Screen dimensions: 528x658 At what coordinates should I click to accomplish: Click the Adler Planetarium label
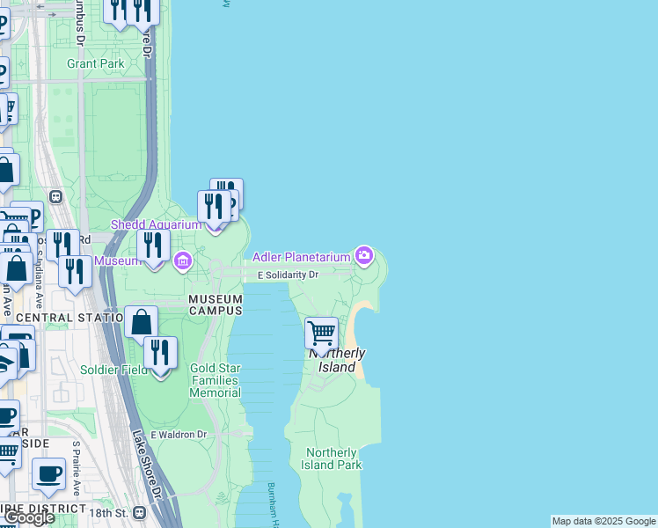click(302, 257)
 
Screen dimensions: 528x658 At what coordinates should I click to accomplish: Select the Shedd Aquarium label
click(156, 224)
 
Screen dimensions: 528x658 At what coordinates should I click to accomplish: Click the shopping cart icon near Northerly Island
click(322, 334)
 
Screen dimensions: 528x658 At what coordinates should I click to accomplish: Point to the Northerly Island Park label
click(333, 458)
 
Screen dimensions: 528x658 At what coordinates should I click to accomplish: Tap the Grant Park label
click(96, 63)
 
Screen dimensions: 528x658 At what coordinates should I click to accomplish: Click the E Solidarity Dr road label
click(288, 275)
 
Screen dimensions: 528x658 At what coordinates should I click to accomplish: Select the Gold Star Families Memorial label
click(215, 380)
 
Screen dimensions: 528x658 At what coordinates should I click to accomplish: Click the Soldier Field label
click(113, 370)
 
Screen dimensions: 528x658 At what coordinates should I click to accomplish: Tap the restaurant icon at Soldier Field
click(160, 354)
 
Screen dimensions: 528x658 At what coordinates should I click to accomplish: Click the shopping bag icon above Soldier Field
click(142, 323)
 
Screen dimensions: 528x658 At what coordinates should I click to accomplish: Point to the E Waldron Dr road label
click(179, 435)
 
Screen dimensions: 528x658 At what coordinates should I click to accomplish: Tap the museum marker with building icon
click(183, 260)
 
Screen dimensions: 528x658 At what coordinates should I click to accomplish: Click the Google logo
click(29, 517)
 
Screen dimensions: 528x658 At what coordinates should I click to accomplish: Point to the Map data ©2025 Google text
click(603, 521)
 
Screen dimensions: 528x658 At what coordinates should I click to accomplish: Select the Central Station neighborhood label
click(68, 317)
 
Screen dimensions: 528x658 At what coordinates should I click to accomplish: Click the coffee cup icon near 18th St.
click(49, 473)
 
